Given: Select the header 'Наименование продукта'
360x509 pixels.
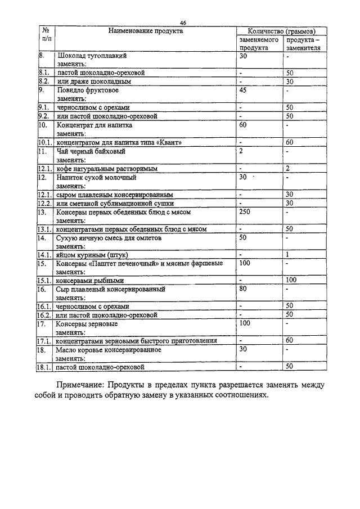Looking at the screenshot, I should (145, 31).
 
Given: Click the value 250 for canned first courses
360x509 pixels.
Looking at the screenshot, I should (245, 212).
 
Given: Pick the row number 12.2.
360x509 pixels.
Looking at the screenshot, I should (45, 202).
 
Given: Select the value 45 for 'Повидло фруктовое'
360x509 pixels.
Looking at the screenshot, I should (243, 90).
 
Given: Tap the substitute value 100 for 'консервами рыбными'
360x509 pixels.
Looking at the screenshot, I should (291, 280).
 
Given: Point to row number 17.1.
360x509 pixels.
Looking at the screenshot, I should (45, 340).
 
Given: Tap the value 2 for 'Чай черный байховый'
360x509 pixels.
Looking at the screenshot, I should (241, 151).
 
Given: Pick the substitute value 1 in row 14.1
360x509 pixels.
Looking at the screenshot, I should (287, 255).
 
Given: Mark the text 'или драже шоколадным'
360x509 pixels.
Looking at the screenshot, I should (93, 82).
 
